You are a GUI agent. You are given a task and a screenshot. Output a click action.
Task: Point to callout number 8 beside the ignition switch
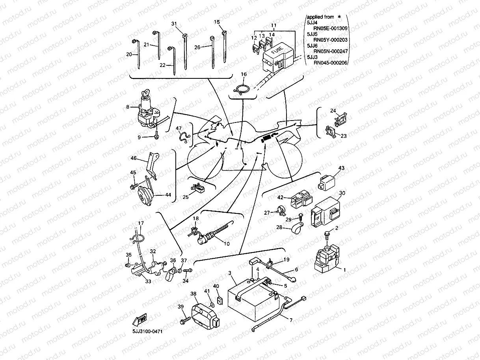coord(128,107)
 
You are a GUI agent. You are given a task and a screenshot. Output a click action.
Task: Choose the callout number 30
coord(342,193)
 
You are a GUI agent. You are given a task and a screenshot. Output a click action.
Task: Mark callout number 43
coord(341,168)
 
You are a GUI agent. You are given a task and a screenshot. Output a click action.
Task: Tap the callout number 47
coord(179,128)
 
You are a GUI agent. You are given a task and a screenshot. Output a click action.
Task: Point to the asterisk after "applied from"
coord(339,17)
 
